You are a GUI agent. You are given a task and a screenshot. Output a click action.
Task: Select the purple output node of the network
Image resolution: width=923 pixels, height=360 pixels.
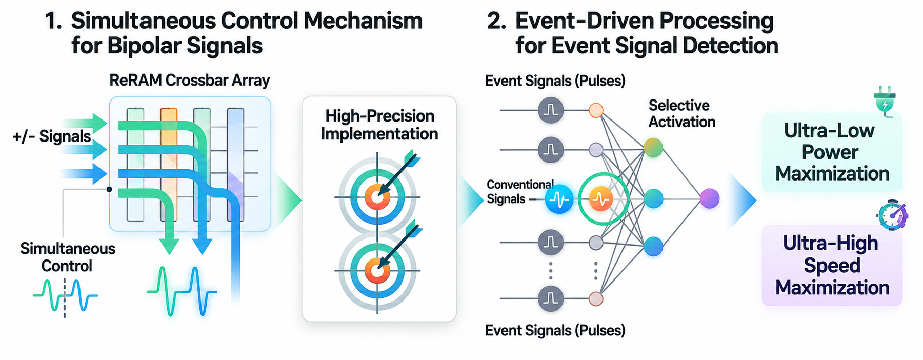point(710,198)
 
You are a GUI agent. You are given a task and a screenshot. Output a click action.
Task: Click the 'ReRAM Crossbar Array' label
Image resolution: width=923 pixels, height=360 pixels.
point(190,81)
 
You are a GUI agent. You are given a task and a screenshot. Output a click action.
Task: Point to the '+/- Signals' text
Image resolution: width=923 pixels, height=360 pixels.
point(52,136)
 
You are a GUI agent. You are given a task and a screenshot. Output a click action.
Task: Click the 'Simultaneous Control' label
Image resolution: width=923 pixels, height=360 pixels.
point(67,257)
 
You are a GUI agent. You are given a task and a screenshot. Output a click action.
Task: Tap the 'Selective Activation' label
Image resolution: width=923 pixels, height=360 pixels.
point(681,113)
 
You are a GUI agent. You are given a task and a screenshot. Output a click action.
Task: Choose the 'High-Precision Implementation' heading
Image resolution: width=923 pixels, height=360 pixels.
point(379,125)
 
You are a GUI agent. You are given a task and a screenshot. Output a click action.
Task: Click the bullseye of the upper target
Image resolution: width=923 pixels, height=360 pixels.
point(377,197)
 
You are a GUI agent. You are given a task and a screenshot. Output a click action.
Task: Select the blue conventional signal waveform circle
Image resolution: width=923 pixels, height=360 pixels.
point(558,199)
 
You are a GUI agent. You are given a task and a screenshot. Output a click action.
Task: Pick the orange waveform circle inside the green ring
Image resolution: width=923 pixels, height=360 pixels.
point(600,199)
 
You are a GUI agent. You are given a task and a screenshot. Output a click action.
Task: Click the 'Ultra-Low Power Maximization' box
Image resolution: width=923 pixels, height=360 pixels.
point(832,152)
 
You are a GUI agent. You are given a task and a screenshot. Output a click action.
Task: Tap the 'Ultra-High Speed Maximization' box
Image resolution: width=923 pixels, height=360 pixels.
point(832,265)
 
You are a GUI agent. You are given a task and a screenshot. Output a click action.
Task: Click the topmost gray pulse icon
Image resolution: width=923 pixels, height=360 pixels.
point(551,110)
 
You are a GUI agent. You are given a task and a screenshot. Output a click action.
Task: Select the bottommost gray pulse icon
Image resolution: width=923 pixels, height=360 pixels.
point(551,298)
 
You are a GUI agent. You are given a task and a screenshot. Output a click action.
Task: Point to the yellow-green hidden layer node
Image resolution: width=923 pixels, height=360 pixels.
point(653,148)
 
